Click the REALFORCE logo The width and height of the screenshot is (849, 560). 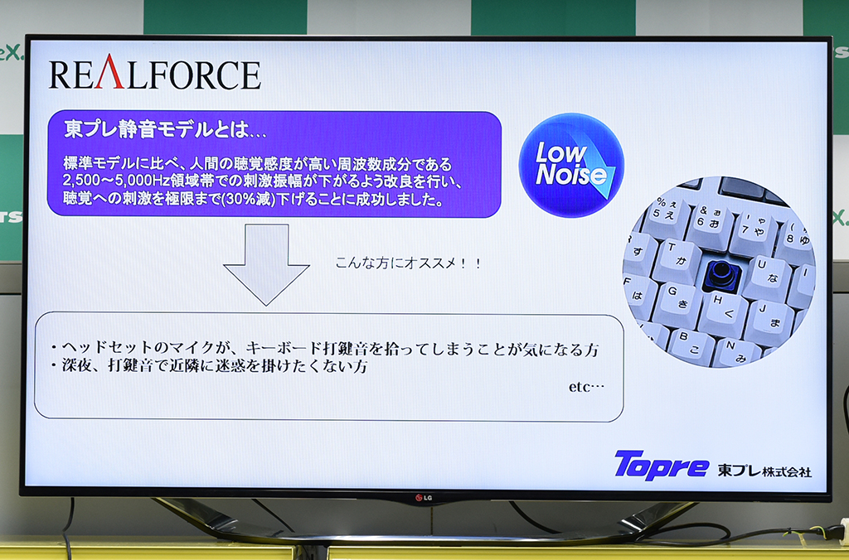point(155,73)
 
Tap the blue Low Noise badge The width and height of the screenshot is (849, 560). point(571,165)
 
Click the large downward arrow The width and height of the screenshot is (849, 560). point(266,264)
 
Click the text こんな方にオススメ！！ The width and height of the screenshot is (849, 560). point(408,263)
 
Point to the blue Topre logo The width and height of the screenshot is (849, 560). point(661,465)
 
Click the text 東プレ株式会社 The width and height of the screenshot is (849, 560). point(764,471)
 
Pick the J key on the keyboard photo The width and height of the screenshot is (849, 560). point(769,321)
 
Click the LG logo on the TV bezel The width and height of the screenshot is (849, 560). point(424,497)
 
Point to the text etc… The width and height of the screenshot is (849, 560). point(586,386)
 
